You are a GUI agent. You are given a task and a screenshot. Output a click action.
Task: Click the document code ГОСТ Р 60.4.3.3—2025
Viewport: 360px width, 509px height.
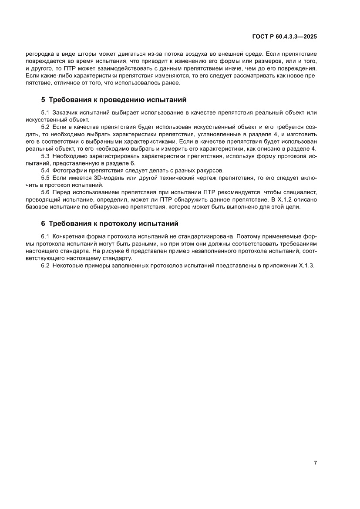[x=285, y=37]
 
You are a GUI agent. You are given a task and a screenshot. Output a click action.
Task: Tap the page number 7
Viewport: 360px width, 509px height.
[x=315, y=463]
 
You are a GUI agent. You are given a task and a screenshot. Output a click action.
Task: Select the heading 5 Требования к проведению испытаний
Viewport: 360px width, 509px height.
[x=114, y=100]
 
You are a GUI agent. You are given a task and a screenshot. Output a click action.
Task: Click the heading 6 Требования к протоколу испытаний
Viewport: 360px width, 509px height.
[x=110, y=224]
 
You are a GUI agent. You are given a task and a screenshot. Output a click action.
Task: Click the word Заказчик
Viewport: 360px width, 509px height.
[x=67, y=113]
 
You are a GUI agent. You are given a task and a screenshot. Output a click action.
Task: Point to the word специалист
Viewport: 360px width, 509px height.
[x=300, y=192]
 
